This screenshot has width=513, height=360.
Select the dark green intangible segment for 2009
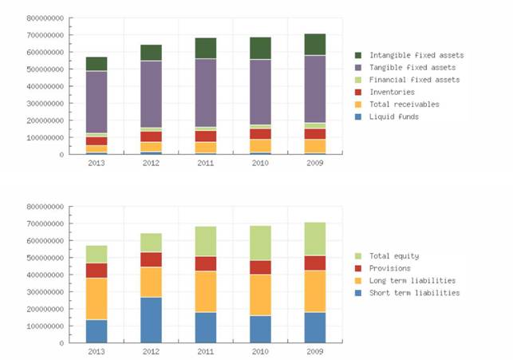315,45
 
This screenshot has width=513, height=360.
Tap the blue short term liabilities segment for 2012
152,320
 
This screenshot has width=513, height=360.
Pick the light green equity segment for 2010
260,243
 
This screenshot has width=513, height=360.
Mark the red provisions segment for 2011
206,263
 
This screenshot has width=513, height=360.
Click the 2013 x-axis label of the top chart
97,162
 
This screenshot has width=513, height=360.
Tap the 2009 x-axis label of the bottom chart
315,350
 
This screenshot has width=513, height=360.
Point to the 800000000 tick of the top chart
44,18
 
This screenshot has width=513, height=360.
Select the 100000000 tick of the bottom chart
44,326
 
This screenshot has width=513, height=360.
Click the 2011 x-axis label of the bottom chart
206,350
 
